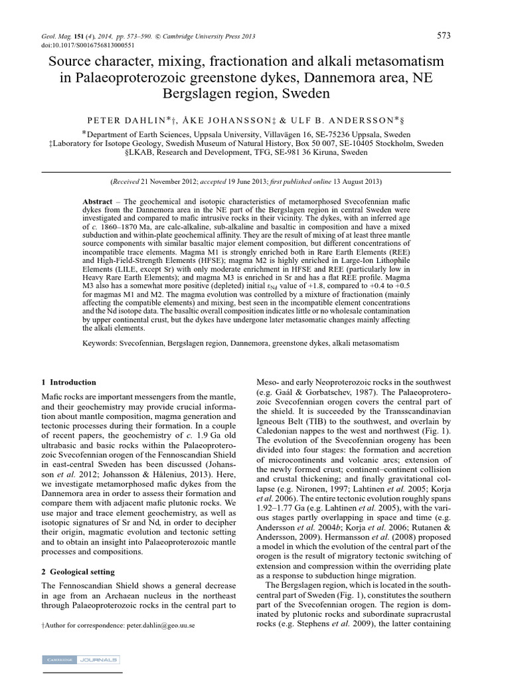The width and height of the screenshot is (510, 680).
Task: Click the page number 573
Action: point(446,35)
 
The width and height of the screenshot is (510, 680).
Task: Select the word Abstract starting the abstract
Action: point(97,200)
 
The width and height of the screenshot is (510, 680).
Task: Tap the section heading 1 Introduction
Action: point(68,382)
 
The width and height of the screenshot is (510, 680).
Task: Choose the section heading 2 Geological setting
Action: point(78,571)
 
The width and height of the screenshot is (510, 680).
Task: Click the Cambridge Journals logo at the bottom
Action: point(80,659)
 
